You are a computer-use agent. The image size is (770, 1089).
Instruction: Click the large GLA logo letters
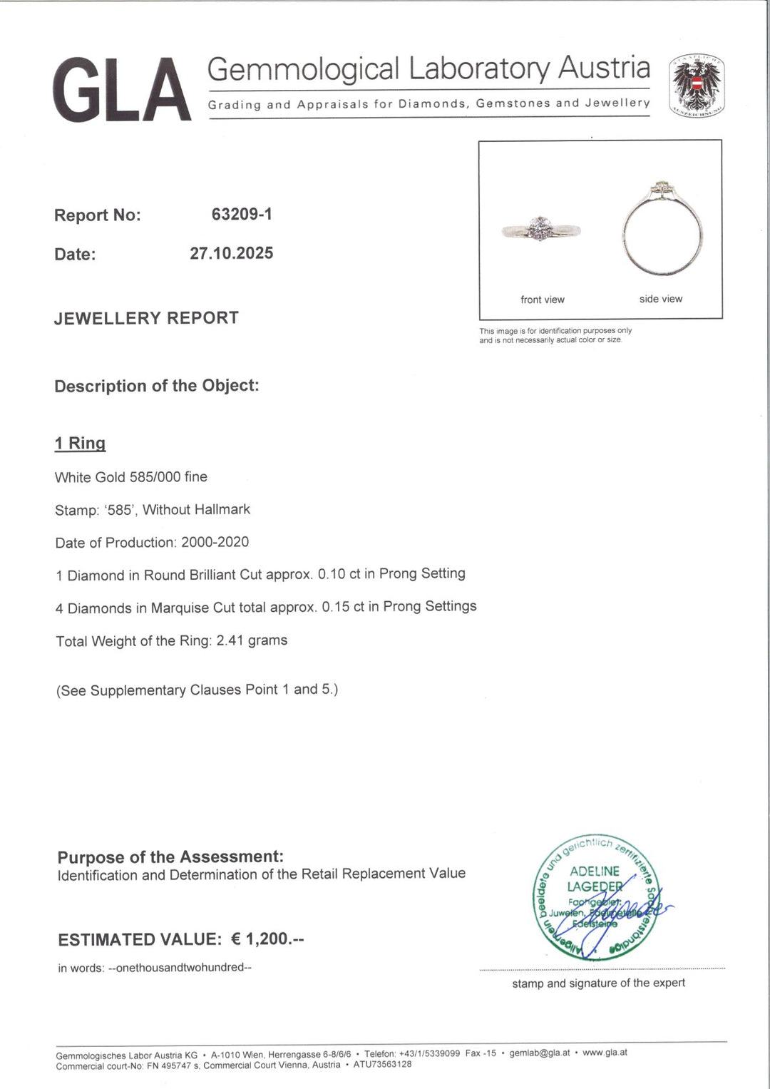[x=121, y=90]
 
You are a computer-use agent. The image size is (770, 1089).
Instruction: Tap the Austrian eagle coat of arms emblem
[x=696, y=86]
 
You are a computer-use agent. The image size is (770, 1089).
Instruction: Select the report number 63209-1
[x=242, y=214]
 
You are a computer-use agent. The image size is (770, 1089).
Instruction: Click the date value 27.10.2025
[x=231, y=253]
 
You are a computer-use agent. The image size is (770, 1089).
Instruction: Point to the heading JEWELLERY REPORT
[x=146, y=318]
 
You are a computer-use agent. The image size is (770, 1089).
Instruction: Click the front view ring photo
[x=542, y=230]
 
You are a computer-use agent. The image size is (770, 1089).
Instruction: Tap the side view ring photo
[x=662, y=230]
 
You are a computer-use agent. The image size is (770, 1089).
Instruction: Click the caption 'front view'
[x=542, y=300]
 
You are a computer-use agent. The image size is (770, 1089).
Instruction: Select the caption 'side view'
[x=660, y=299]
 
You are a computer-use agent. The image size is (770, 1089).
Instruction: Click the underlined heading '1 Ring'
[x=80, y=444]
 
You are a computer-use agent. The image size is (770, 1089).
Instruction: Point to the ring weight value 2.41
[x=230, y=640]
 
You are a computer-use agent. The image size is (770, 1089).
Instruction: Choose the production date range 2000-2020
[x=215, y=542]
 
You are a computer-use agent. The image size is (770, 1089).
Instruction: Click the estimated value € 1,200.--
[x=267, y=939]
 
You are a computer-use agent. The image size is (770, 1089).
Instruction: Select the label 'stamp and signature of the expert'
[x=598, y=983]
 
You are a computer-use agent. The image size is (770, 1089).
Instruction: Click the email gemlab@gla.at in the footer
[x=539, y=1053]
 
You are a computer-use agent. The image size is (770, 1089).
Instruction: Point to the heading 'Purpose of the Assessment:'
[x=170, y=857]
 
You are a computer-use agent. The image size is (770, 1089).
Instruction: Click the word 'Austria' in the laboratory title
[x=604, y=68]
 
